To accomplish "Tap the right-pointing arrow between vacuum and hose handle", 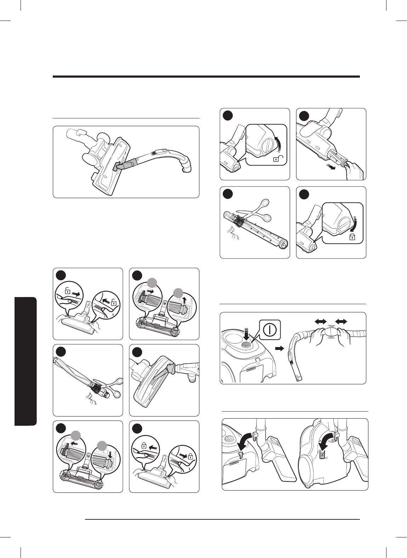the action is coord(280,348).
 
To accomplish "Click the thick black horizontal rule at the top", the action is coord(206,77).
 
